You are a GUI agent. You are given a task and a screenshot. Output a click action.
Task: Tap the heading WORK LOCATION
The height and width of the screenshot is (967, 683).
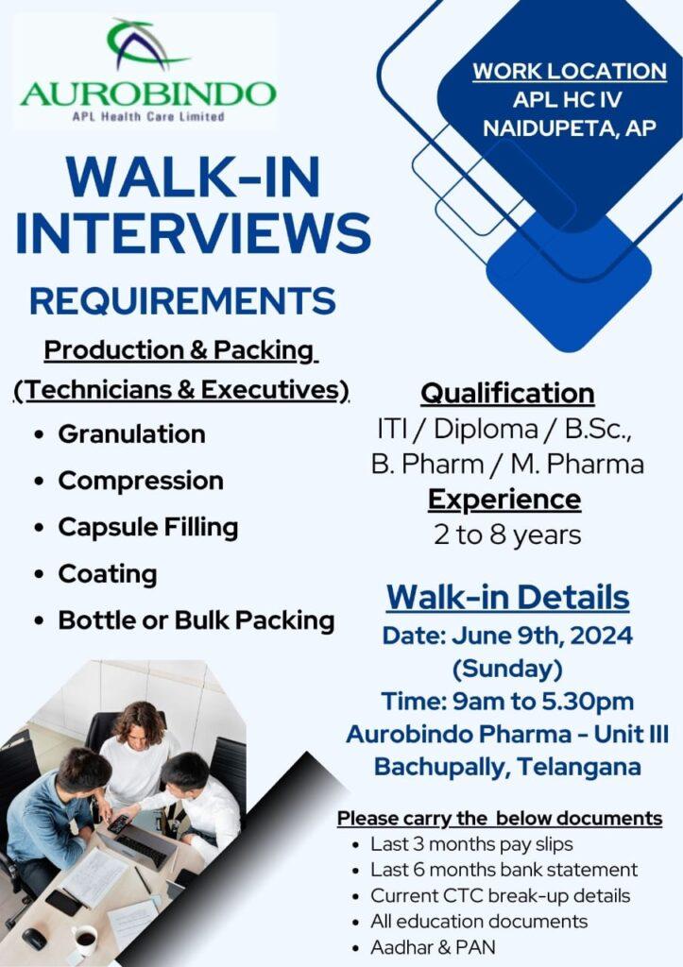(x=570, y=71)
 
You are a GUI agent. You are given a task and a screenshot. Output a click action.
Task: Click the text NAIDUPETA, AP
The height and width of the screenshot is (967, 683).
(x=570, y=127)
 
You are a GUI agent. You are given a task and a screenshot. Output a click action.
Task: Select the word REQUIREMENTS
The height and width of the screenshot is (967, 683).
(x=182, y=301)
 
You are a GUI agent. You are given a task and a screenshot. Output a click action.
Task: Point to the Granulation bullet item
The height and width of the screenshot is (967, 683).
(x=131, y=434)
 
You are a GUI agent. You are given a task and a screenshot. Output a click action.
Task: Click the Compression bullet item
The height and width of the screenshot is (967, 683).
(x=141, y=481)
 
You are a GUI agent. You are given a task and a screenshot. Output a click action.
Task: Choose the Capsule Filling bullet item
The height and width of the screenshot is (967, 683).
(x=148, y=528)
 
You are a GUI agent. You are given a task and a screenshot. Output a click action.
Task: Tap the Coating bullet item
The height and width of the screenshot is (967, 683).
(x=108, y=574)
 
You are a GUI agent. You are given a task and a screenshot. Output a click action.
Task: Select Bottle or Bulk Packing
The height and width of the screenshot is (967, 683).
(x=196, y=620)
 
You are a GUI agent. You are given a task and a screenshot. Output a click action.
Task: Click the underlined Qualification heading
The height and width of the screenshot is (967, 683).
(x=507, y=394)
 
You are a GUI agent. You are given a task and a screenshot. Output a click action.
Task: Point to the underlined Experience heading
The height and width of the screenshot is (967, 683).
(x=504, y=500)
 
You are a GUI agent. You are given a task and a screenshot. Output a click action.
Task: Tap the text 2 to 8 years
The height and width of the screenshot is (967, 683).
(x=507, y=534)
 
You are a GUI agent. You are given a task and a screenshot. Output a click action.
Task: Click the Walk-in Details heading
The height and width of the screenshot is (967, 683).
(x=508, y=597)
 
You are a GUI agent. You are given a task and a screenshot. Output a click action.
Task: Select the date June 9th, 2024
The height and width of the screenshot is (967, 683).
(x=542, y=636)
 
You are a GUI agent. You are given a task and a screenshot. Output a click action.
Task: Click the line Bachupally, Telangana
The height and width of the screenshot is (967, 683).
(x=507, y=767)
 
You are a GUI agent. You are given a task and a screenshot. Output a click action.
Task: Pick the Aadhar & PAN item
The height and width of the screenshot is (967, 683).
(x=433, y=946)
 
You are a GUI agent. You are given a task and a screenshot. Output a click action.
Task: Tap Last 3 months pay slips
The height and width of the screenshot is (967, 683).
(x=471, y=843)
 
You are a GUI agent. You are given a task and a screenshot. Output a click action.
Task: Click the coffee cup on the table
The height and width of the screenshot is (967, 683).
(x=84, y=940)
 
